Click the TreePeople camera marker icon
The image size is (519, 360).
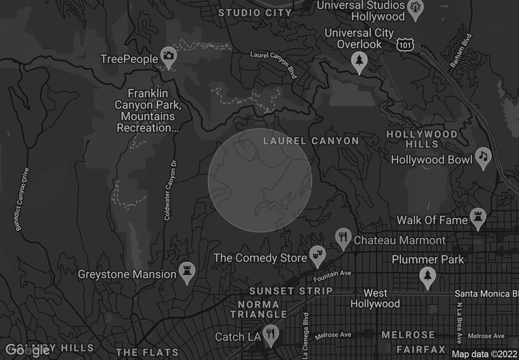(169, 57)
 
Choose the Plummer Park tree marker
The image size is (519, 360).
(428, 276)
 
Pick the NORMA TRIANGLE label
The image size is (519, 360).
(258, 309)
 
